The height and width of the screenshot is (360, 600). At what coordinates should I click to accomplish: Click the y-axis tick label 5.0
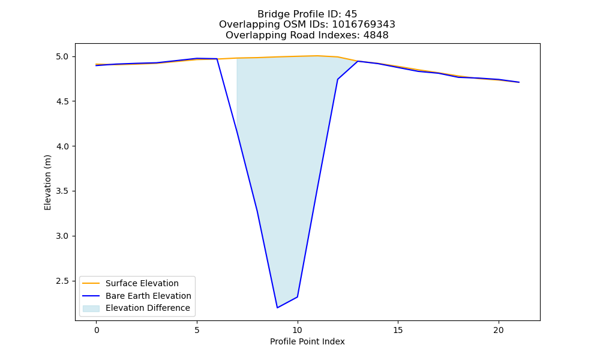pyautogui.click(x=62, y=56)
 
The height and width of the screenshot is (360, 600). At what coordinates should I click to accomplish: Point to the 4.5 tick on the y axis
pyautogui.click(x=62, y=101)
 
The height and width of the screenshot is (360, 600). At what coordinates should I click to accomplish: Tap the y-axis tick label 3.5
pyautogui.click(x=62, y=191)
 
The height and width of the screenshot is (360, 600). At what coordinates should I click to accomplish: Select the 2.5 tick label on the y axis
pyautogui.click(x=62, y=281)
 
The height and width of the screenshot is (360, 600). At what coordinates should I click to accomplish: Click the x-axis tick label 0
pyautogui.click(x=97, y=330)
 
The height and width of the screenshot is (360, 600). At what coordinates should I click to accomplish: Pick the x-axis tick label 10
pyautogui.click(x=298, y=330)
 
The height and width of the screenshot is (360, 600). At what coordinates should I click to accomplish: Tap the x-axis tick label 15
pyautogui.click(x=398, y=330)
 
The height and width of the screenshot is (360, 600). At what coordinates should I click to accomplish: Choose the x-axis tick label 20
pyautogui.click(x=498, y=330)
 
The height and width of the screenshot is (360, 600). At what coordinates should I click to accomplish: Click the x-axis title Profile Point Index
pyautogui.click(x=307, y=341)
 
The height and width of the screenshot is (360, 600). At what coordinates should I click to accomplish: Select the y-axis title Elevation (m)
pyautogui.click(x=47, y=182)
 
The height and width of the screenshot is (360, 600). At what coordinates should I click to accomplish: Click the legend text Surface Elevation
pyautogui.click(x=142, y=283)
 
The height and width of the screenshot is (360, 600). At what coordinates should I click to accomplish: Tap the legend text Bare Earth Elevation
pyautogui.click(x=148, y=296)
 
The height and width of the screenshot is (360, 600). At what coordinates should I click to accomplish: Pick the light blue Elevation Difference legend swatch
pyautogui.click(x=91, y=308)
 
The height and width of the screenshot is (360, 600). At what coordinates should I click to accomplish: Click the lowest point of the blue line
pyautogui.click(x=277, y=308)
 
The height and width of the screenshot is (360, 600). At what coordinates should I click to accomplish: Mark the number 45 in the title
pyautogui.click(x=351, y=14)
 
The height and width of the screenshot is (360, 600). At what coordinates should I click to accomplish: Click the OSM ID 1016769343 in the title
pyautogui.click(x=364, y=25)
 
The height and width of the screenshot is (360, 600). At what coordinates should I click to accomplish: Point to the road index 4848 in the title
pyautogui.click(x=376, y=35)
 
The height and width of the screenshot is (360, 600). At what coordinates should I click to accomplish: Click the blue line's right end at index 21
pyautogui.click(x=518, y=82)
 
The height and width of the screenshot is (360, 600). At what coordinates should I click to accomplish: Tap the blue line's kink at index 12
pyautogui.click(x=337, y=79)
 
